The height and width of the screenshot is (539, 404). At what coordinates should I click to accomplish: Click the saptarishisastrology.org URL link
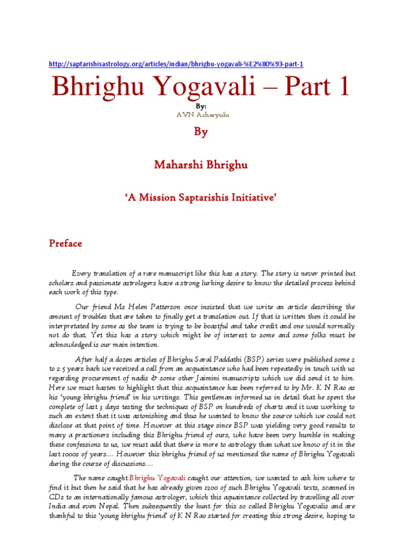176,64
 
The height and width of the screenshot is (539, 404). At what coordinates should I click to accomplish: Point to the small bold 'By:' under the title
201,106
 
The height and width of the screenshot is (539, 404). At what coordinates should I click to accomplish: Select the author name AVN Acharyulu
201,115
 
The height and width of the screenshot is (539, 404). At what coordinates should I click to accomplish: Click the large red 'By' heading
201,132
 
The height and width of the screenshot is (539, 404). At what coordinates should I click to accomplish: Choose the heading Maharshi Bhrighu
201,165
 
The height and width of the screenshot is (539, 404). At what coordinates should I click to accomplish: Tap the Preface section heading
66,243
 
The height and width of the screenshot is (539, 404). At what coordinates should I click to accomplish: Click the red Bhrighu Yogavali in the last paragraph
157,478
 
